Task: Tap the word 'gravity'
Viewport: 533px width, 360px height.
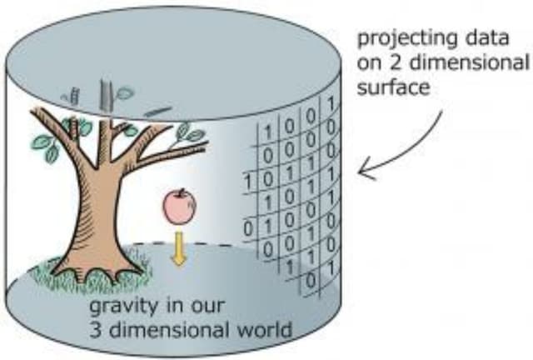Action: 119,307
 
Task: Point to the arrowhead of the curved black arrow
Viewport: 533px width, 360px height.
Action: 361,172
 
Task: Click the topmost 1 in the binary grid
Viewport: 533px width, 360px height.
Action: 331,106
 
